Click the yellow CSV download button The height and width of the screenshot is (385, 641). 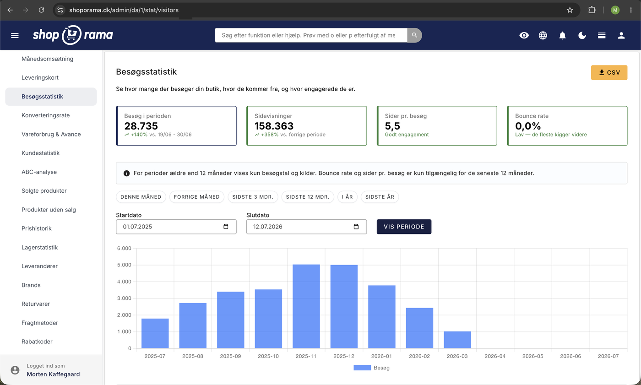point(609,72)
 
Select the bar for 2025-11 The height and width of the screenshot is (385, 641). point(306,306)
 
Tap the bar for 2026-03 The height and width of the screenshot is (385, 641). point(457,340)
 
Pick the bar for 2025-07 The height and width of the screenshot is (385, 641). point(155,333)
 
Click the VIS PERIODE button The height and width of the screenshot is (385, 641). point(404,227)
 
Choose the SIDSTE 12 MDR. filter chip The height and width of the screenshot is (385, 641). point(308,197)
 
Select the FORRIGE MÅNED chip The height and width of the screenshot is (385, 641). point(196,197)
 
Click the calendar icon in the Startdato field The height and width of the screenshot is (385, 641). point(226,227)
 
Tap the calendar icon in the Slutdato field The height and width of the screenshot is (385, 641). point(356,227)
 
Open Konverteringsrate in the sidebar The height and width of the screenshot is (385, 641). point(45,115)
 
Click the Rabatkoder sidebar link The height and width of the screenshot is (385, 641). point(37,342)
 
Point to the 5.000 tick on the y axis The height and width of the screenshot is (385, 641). point(124,265)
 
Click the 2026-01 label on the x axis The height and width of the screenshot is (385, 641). point(381,356)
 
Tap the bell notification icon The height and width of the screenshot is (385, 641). point(562,35)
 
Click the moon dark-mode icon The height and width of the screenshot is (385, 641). point(582,35)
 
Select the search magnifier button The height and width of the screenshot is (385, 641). point(414,35)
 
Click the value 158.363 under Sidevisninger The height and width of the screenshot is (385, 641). point(274,126)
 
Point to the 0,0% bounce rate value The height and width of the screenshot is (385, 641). point(528,126)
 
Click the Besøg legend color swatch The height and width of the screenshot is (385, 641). point(362,368)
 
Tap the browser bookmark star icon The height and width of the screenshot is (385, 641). point(570,10)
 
